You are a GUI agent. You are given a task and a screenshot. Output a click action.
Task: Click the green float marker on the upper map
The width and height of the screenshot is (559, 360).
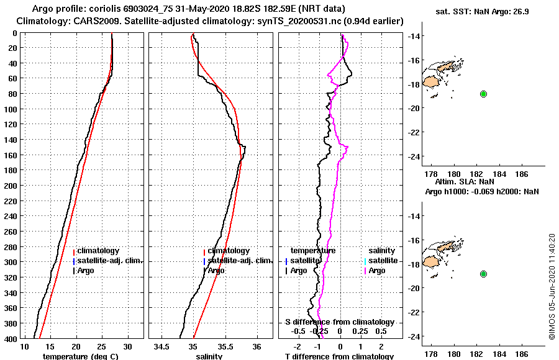(x=483, y=94)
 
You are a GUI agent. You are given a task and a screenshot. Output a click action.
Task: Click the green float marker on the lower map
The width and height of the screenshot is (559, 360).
(x=483, y=274)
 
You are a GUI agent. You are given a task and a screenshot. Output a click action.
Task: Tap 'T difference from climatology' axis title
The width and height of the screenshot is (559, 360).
(x=339, y=356)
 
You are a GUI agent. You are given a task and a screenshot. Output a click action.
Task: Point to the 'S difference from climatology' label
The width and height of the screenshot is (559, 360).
(x=339, y=322)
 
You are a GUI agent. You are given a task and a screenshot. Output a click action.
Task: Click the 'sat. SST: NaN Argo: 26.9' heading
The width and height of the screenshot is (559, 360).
(x=477, y=11)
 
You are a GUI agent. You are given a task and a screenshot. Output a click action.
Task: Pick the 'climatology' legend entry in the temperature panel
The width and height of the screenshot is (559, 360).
(x=98, y=251)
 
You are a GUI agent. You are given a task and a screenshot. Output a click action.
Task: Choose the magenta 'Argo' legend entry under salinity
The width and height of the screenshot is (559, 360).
(x=377, y=271)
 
